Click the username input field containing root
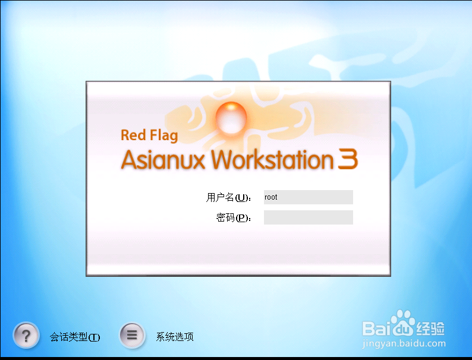tap(309, 197)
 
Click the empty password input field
tap(309, 217)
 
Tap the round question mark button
tap(26, 335)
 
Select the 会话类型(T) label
tap(75, 337)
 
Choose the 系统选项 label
tap(175, 337)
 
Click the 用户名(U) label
tap(228, 197)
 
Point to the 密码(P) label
tap(234, 217)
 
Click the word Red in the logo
tap(133, 135)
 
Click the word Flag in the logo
tap(164, 135)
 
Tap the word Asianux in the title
tap(163, 160)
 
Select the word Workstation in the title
tap(272, 159)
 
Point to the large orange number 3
tap(348, 159)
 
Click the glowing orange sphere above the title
tap(231, 118)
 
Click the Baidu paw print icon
tap(402, 323)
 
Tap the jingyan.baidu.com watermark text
tap(404, 343)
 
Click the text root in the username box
tap(271, 197)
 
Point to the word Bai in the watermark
tap(376, 328)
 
